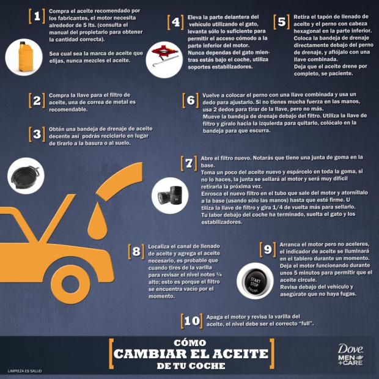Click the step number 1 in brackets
click(x=38, y=16)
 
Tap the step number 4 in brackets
click(x=176, y=22)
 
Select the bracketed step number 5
click(x=281, y=22)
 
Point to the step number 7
click(x=189, y=163)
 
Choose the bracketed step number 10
click(x=191, y=320)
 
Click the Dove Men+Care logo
click(x=350, y=354)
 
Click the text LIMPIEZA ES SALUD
click(x=24, y=370)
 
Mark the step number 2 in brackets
click(x=38, y=100)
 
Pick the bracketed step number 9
click(x=267, y=249)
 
